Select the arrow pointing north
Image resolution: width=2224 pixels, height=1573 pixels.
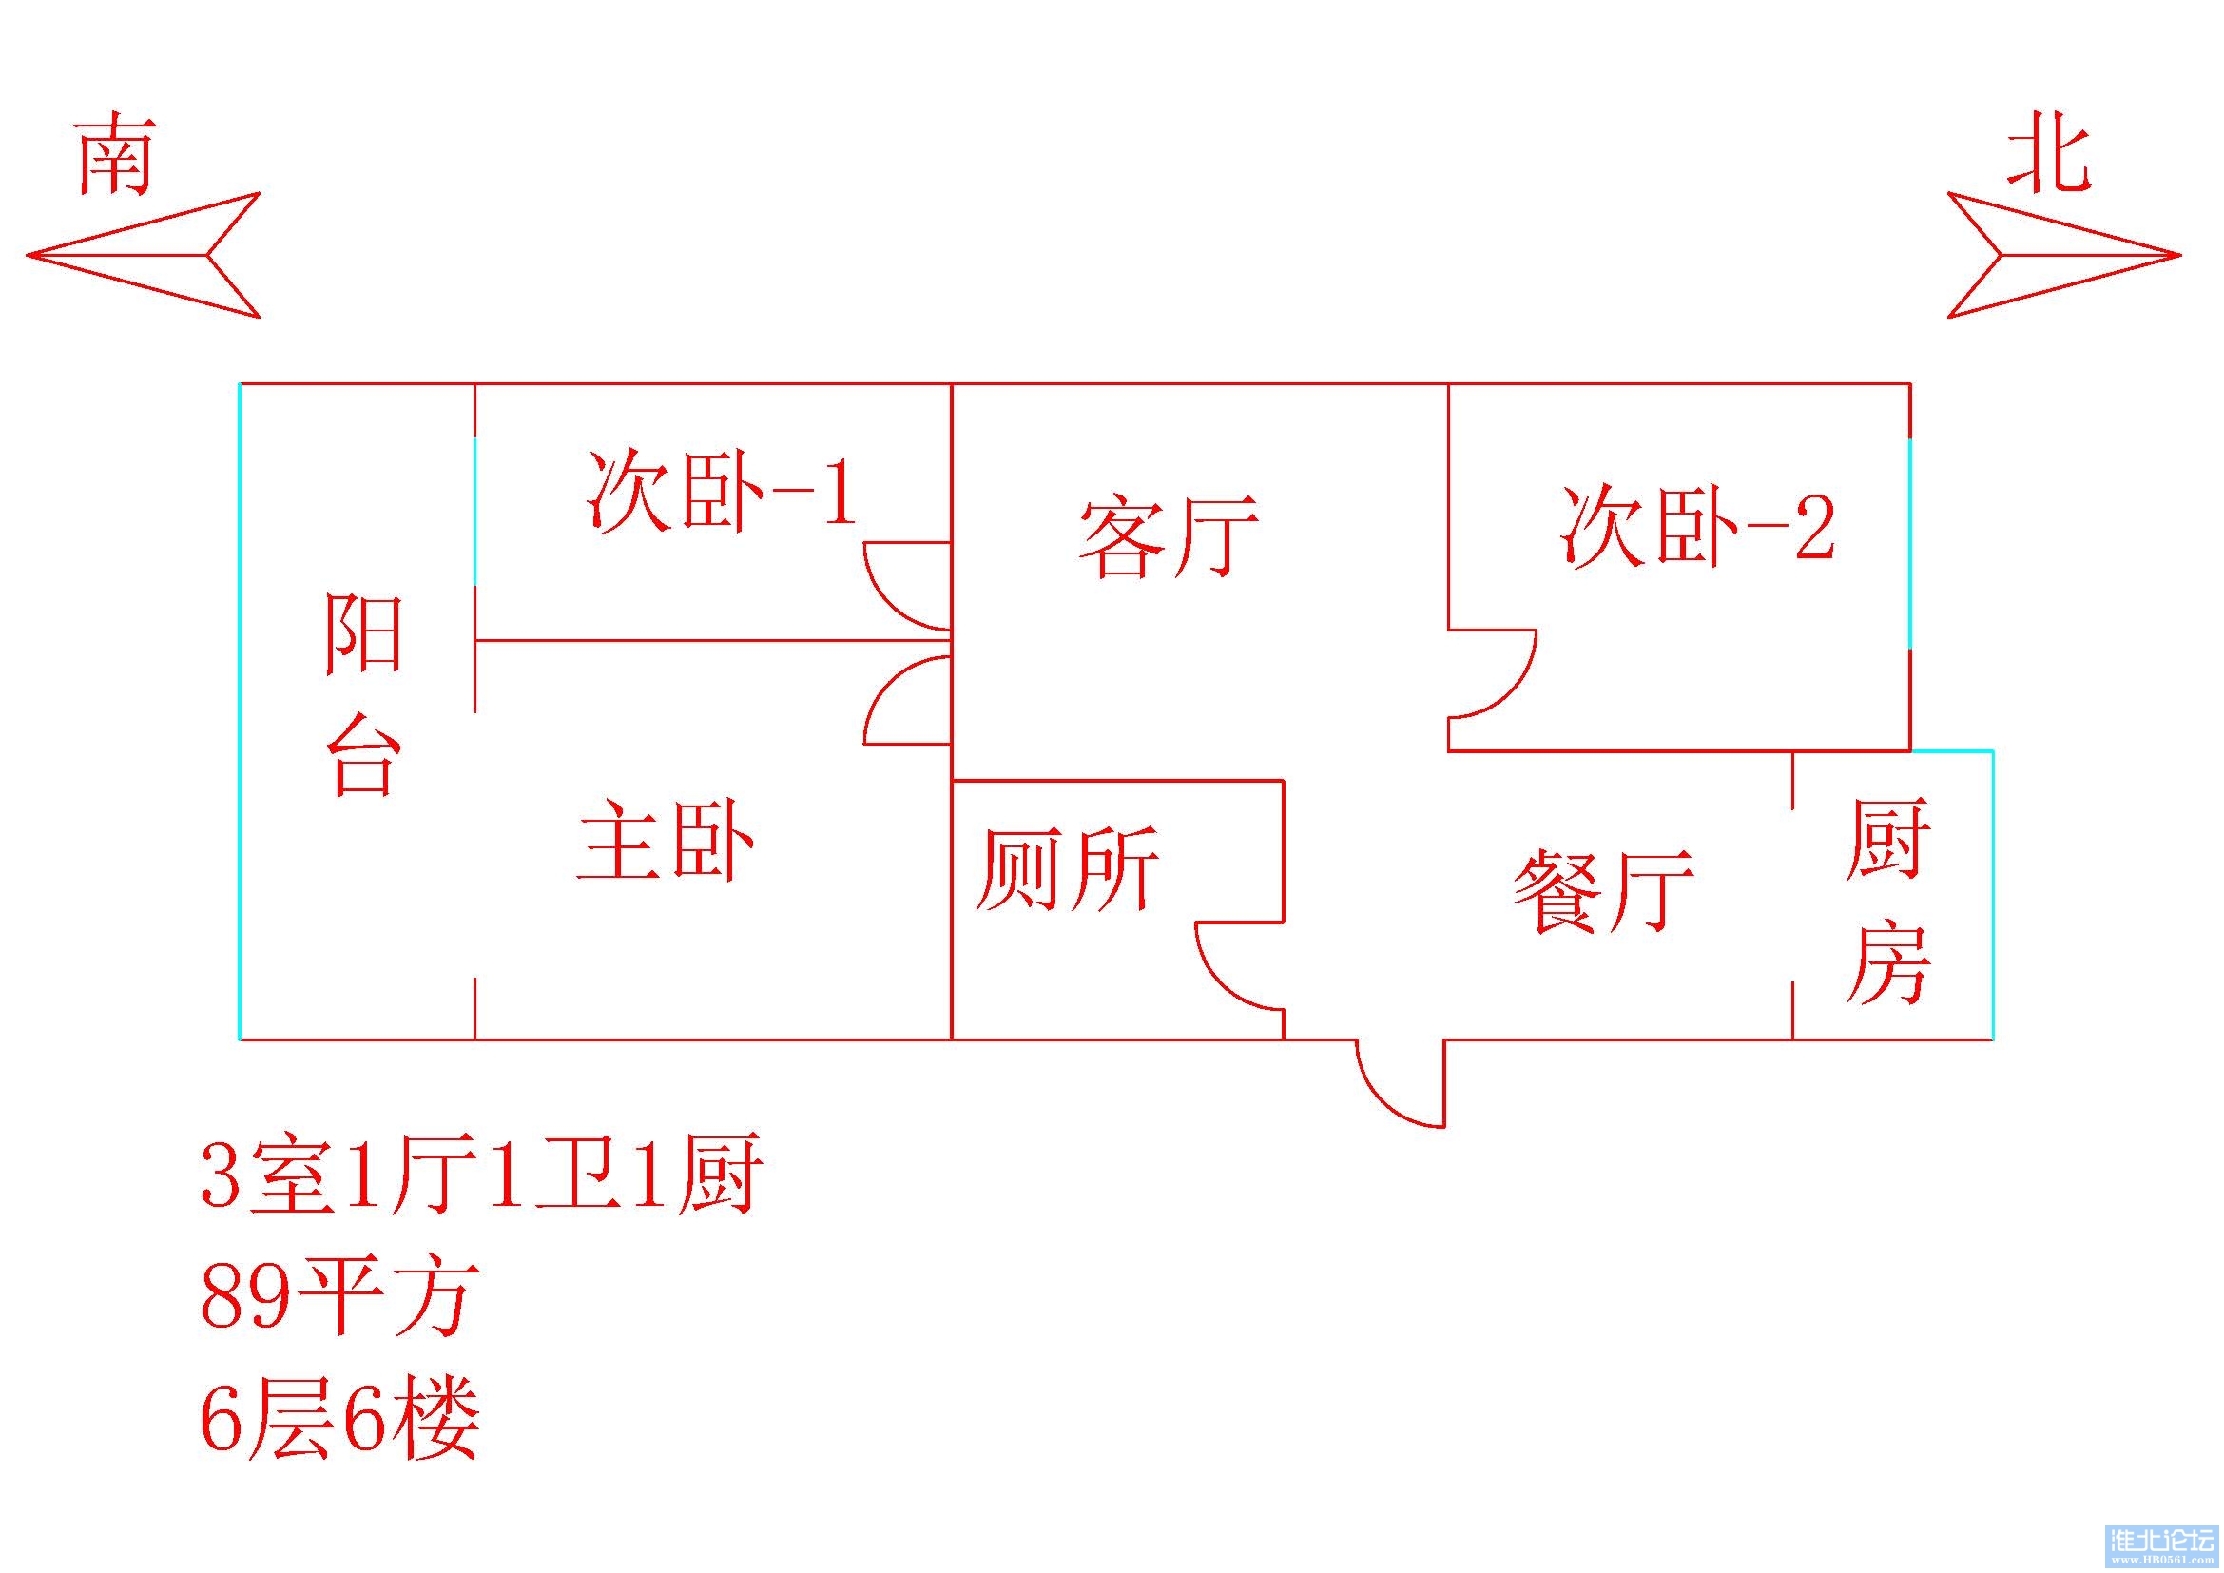(x=2063, y=256)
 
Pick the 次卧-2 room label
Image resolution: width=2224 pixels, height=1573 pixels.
(x=1697, y=527)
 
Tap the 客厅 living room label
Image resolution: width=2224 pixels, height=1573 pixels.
(x=1169, y=536)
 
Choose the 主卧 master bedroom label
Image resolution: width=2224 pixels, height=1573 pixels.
(x=667, y=841)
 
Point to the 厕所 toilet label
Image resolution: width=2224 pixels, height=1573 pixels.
(x=1068, y=868)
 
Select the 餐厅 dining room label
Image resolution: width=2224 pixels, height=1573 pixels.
(x=1604, y=891)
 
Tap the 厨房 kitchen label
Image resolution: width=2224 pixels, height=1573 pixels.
(x=1886, y=901)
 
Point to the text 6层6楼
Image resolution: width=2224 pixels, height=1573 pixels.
(x=339, y=1416)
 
